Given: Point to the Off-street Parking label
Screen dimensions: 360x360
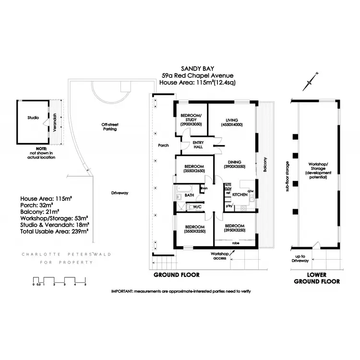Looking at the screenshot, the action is [109, 127].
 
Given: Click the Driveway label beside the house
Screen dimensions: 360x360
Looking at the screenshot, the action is [120, 193].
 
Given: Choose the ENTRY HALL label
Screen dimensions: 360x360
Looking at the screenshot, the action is [197, 144].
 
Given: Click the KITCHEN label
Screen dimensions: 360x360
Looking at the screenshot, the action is [240, 195].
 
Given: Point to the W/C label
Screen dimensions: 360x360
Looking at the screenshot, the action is [203, 207].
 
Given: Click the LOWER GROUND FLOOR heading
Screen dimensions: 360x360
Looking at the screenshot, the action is [317, 278].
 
